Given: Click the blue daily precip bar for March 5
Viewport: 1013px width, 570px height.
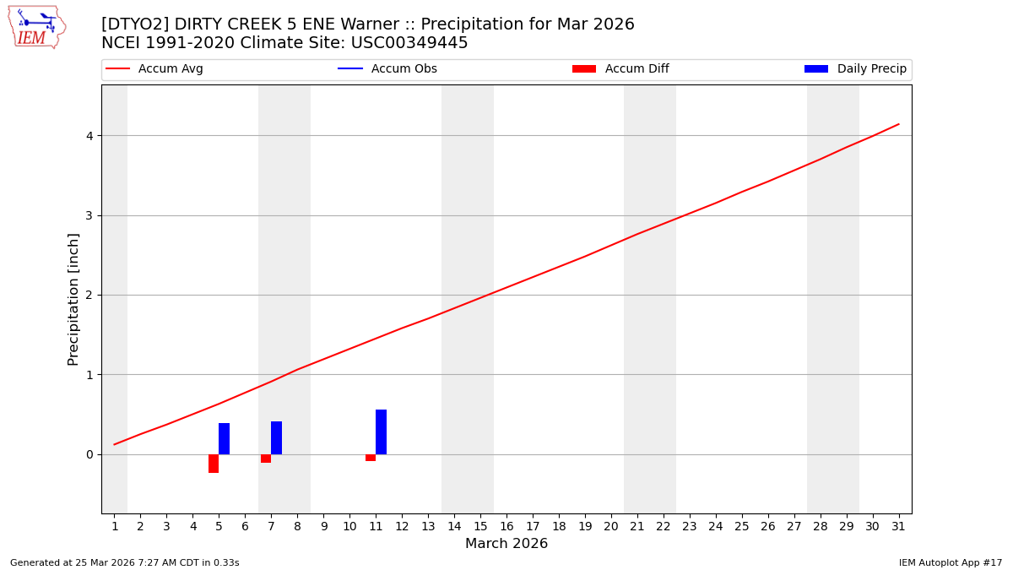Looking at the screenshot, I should pyautogui.click(x=224, y=438).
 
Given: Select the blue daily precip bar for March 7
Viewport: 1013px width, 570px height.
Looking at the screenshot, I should pyautogui.click(x=276, y=437).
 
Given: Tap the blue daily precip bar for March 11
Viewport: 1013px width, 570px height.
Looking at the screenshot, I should pyautogui.click(x=381, y=432).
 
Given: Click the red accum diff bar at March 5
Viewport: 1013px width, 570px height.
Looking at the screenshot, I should pyautogui.click(x=214, y=464).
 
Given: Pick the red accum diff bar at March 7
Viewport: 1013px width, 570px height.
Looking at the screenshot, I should pyautogui.click(x=266, y=459).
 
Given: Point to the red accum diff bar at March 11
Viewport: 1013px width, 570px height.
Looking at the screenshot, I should pyautogui.click(x=371, y=458).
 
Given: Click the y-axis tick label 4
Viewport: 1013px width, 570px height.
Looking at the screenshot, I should pyautogui.click(x=89, y=136).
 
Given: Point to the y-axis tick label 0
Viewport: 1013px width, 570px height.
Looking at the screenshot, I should pyautogui.click(x=89, y=454).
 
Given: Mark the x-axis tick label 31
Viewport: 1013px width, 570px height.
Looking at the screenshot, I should pyautogui.click(x=898, y=527).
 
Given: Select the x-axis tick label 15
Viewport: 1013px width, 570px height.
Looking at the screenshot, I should pyautogui.click(x=480, y=527).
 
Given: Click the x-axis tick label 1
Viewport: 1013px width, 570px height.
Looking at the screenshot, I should pyautogui.click(x=115, y=527).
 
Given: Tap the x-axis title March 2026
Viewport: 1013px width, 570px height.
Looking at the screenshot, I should pyautogui.click(x=506, y=544).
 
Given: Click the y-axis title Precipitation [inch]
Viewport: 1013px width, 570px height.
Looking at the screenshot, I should pyautogui.click(x=73, y=299).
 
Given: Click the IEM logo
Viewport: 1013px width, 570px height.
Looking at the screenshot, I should pyautogui.click(x=36, y=27).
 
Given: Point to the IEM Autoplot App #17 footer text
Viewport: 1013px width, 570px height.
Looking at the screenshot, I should pyautogui.click(x=950, y=562).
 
